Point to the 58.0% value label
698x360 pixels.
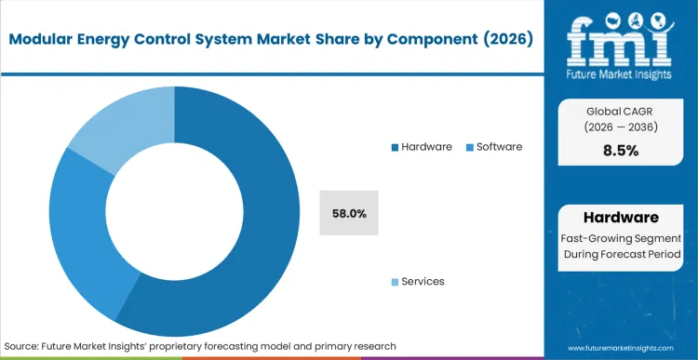(349, 213)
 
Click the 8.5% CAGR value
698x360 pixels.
(620, 150)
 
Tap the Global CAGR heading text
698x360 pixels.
(620, 111)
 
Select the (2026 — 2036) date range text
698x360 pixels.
(620, 127)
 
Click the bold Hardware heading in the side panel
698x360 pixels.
(620, 218)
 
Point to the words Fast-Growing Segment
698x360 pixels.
(620, 238)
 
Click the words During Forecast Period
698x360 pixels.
(620, 255)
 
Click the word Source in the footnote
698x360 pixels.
(23, 345)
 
